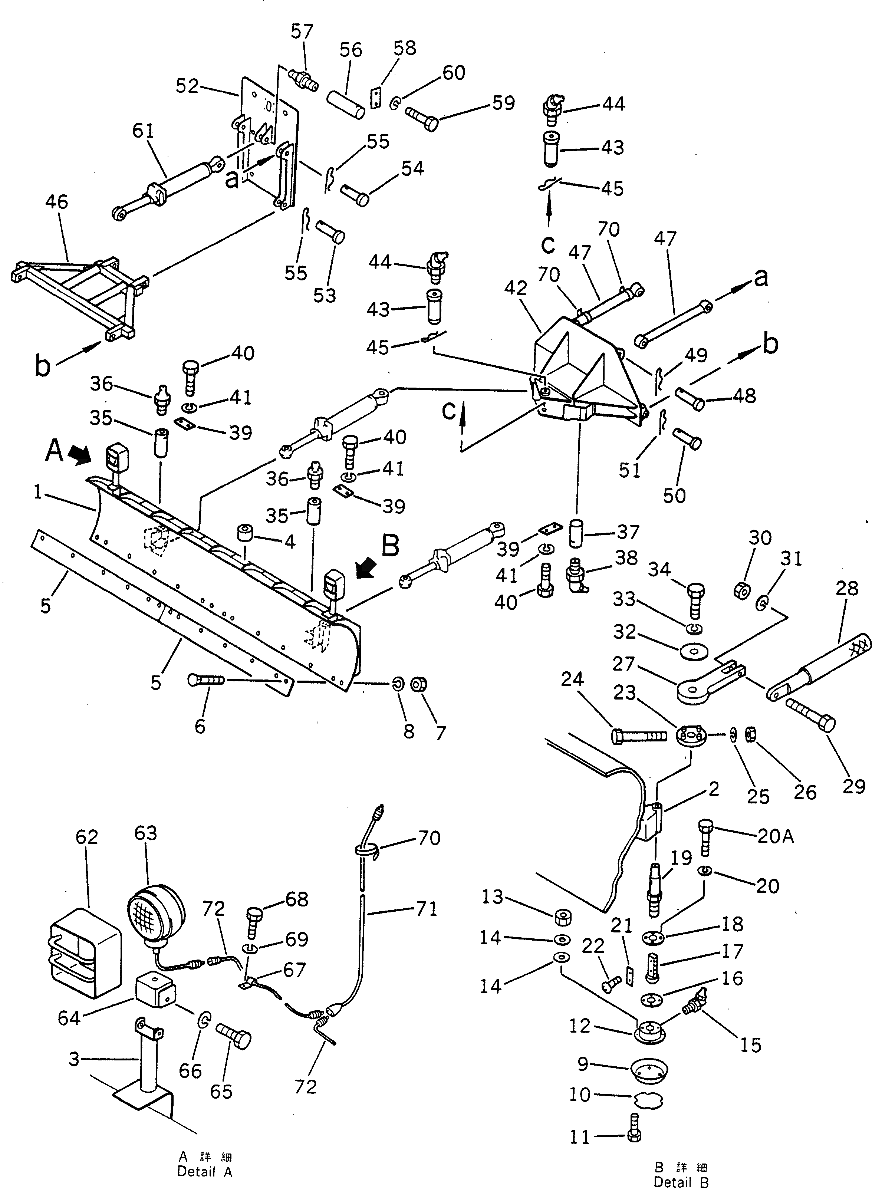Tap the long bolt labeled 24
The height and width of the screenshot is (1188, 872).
(639, 736)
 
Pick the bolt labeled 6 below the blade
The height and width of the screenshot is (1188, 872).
(206, 681)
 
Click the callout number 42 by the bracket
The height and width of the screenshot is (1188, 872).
(515, 288)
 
